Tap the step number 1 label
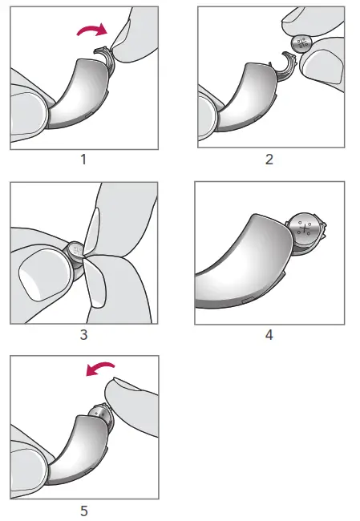83,159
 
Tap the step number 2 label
269,159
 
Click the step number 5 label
83,510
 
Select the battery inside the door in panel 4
305,231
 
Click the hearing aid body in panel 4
241,265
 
